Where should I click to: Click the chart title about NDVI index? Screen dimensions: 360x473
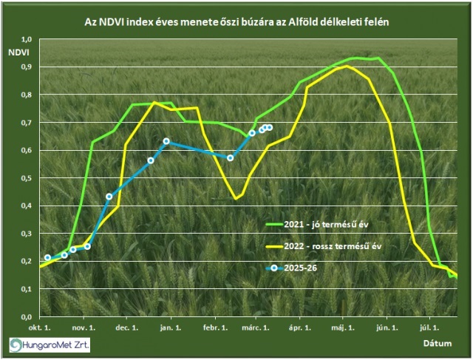[236, 22]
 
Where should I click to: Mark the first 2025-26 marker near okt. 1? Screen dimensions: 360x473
[48, 258]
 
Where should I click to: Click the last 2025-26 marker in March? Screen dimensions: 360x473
[270, 127]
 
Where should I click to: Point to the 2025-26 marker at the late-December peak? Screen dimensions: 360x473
[166, 141]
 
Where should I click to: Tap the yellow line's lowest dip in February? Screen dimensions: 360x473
[236, 198]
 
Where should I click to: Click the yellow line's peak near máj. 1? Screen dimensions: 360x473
[347, 67]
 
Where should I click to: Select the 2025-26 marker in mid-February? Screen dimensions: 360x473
[231, 157]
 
